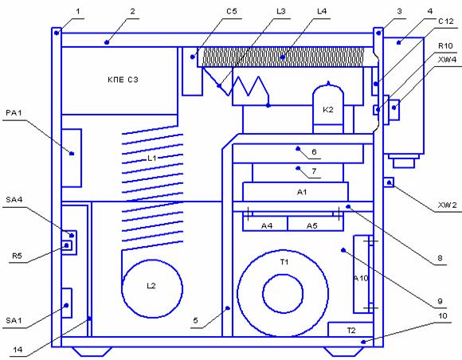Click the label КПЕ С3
[x=123, y=80]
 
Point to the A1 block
[x=296, y=192]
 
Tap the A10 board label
[x=361, y=278]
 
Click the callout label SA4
[x=14, y=199]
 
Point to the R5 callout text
[x=17, y=256]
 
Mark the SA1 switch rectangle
[x=67, y=303]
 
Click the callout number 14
[x=18, y=350]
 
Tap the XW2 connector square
[x=389, y=182]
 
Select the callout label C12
[x=446, y=22]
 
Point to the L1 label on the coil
[x=151, y=158]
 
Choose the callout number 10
[x=443, y=316]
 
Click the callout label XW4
[x=447, y=60]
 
